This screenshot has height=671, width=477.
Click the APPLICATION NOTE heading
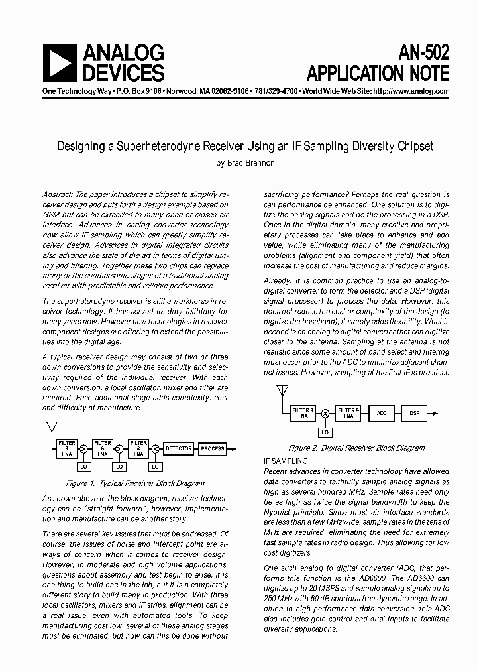378,72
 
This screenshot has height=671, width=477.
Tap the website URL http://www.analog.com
411,91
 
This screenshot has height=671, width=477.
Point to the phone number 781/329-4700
276,91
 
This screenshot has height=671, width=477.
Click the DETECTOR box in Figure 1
178,448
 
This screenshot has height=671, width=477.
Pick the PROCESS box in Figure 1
212,448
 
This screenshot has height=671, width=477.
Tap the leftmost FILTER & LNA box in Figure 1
67,448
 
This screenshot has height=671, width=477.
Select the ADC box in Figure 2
382,413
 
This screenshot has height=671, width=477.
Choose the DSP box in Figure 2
414,413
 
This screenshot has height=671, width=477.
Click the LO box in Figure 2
325,432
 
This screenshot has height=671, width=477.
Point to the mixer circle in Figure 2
325,413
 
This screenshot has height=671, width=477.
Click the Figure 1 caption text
135,484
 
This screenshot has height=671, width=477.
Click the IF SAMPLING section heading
286,461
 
